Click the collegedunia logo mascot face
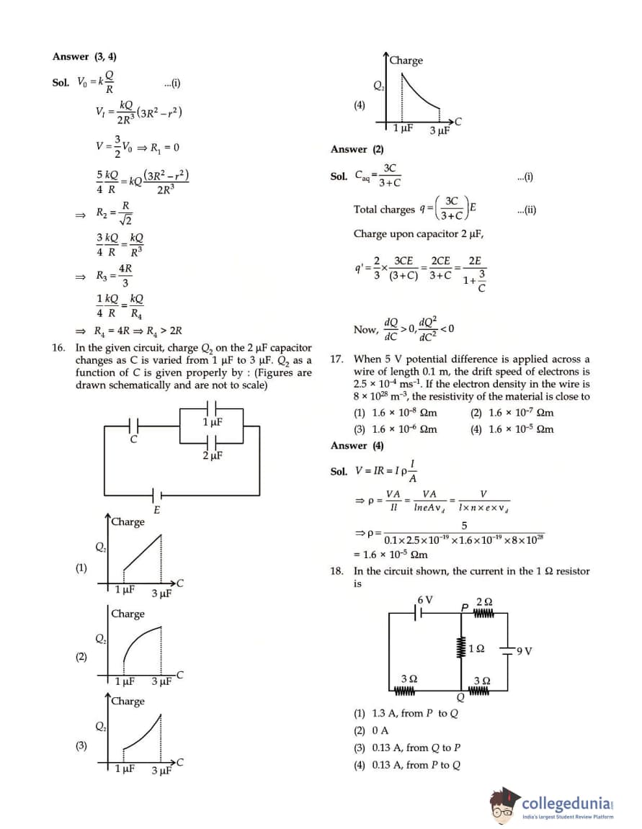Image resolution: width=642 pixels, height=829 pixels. pos(505,806)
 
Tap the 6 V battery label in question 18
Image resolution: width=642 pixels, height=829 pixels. pos(425,599)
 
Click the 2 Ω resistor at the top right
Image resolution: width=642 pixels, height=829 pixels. pos(483,613)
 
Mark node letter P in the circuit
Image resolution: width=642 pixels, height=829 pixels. pos(465,607)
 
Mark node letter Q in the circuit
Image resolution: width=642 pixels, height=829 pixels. pos(460,697)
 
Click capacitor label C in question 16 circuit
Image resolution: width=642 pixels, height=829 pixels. pos(133,439)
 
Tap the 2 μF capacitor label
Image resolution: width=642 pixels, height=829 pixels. pos(212,455)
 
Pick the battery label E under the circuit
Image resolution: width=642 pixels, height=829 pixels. pos(156,510)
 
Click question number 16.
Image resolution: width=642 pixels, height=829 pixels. pos(59,347)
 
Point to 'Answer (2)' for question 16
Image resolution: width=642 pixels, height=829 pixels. pos(357,149)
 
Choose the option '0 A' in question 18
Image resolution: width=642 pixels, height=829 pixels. pos(380,730)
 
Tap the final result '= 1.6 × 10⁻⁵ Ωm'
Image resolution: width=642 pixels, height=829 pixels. pos(391,555)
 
